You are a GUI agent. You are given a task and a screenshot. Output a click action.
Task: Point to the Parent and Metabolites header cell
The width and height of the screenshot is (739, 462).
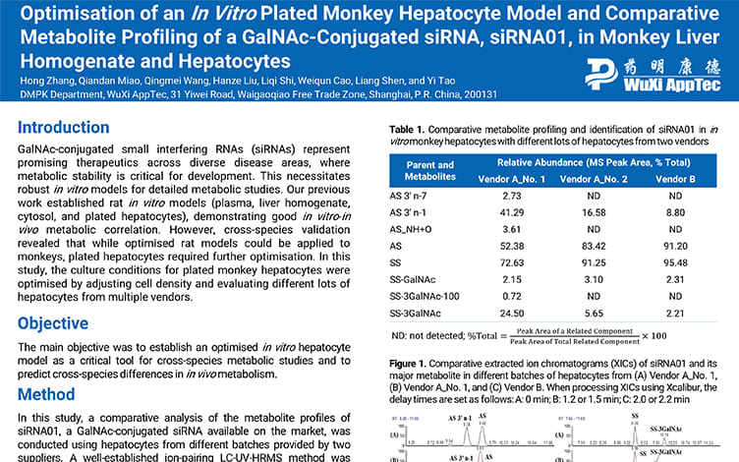click(429, 170)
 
